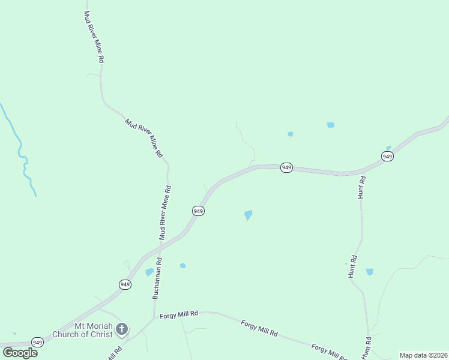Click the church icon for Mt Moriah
[x=122, y=329]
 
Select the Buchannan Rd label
[x=157, y=278]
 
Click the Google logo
[x=20, y=352]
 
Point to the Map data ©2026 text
[x=423, y=355]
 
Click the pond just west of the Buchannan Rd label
[x=149, y=272]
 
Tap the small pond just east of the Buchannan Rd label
[x=182, y=265]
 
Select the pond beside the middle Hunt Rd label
[x=369, y=272]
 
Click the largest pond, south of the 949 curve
[x=248, y=215]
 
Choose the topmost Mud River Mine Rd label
[x=95, y=37]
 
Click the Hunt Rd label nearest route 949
[x=361, y=188]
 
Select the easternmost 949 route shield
[x=387, y=156]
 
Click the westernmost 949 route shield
[x=38, y=343]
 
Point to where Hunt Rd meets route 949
[x=361, y=172]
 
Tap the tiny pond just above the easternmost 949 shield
[x=388, y=148]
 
